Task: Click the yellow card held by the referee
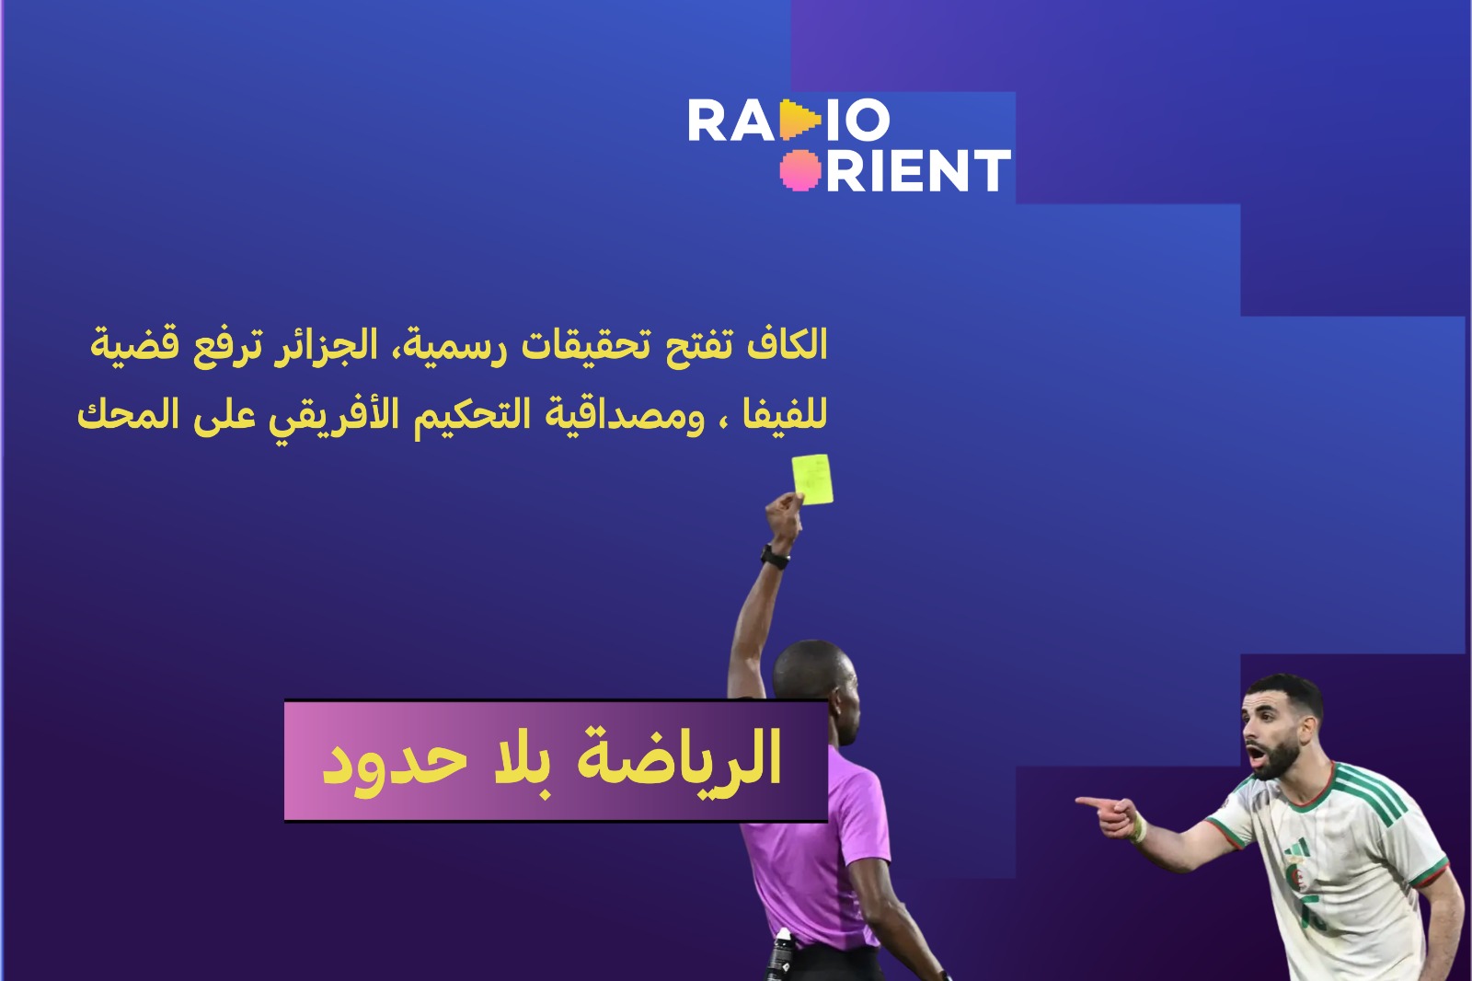(813, 479)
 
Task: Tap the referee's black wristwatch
(776, 558)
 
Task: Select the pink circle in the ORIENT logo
(800, 169)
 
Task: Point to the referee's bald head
(815, 677)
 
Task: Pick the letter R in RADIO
(706, 120)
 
